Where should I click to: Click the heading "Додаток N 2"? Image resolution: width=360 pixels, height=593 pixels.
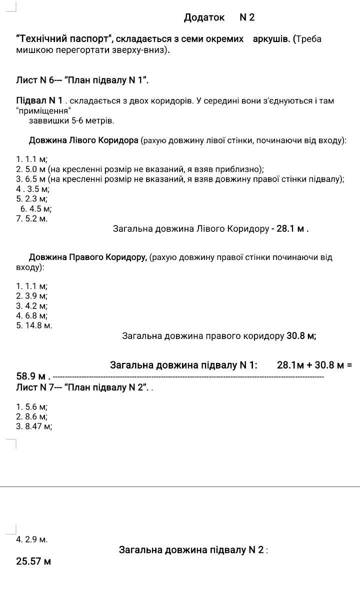[x=219, y=17]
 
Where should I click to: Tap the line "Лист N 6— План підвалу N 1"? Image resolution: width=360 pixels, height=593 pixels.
[x=82, y=80]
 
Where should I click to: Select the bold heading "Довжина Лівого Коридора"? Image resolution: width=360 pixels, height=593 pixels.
[x=83, y=140]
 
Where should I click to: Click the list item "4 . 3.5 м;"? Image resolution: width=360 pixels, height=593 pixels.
[x=32, y=189]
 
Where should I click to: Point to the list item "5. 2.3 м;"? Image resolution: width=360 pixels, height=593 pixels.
[x=31, y=199]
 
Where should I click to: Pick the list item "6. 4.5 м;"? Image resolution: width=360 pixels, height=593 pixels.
[x=35, y=209]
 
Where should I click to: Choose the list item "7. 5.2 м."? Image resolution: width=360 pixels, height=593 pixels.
[x=31, y=218]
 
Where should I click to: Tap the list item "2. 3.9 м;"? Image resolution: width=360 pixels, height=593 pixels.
[x=31, y=296]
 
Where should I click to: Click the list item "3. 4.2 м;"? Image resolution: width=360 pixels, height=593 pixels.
[x=31, y=306]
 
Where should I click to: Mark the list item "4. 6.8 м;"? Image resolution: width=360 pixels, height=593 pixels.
[x=31, y=315]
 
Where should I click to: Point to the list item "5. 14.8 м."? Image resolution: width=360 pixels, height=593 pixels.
[x=34, y=325]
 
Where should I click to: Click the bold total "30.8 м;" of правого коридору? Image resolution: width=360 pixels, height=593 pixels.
[x=301, y=336]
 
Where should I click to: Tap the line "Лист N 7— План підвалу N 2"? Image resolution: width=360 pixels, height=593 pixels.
[x=82, y=387]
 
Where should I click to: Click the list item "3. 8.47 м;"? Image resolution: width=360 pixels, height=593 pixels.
[x=34, y=426]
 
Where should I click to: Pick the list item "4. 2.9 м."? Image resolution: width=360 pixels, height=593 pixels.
[x=31, y=539]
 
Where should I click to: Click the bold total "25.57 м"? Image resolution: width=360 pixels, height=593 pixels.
[x=33, y=561]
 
